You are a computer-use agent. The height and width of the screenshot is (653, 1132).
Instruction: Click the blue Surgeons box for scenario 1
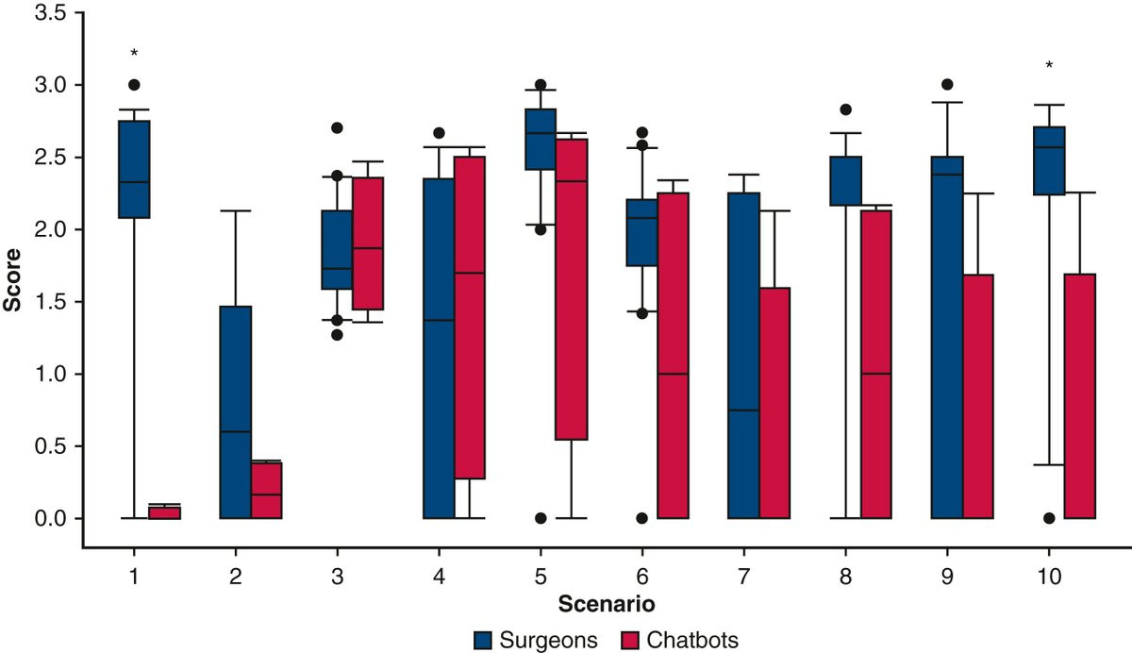point(134,169)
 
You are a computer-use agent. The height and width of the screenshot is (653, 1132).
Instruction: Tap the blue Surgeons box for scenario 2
point(235,411)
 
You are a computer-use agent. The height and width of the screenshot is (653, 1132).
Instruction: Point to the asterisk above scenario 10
point(1049,66)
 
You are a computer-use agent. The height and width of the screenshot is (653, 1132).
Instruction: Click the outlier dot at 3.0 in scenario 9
point(947,84)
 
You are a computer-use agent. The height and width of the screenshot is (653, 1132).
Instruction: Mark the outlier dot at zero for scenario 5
point(540,518)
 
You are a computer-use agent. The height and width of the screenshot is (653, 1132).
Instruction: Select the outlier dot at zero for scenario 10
point(1049,518)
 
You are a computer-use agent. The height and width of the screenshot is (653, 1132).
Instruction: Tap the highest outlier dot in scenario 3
point(337,127)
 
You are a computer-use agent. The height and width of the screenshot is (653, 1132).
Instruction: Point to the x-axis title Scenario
point(604,601)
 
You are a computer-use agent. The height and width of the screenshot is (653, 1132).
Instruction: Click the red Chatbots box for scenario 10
point(1079,395)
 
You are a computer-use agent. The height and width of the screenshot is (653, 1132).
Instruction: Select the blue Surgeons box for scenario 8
point(845,180)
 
